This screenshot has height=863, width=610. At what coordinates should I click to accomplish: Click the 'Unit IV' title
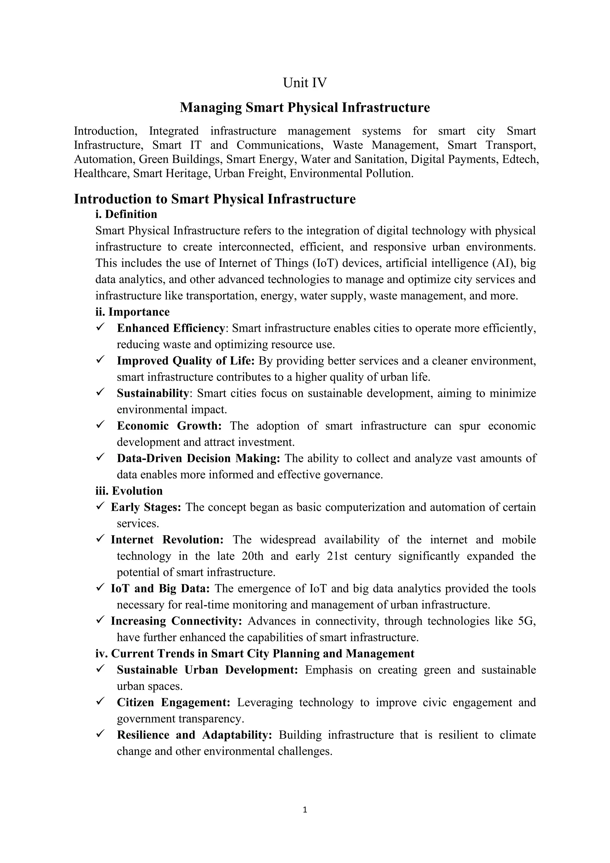[x=305, y=83]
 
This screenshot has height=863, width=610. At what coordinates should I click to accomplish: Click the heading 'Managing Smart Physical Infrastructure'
[x=305, y=108]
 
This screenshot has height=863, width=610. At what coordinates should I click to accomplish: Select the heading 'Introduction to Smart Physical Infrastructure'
[x=214, y=199]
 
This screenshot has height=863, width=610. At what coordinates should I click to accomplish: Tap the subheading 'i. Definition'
[x=126, y=214]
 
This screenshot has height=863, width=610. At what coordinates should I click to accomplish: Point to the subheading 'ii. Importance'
[x=132, y=312]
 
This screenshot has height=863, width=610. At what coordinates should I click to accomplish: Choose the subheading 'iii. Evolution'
[x=129, y=491]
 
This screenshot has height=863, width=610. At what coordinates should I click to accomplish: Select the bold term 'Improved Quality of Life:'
[x=186, y=361]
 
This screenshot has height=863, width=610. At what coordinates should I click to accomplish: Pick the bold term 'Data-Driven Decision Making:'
[x=198, y=459]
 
